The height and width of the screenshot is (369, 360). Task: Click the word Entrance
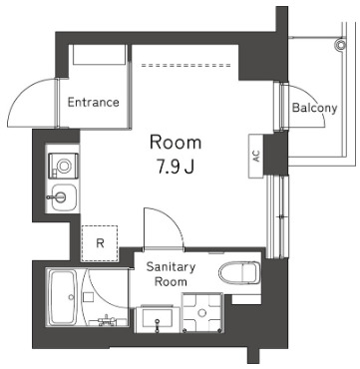tap(94, 102)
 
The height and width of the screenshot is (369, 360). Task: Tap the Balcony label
tap(315, 109)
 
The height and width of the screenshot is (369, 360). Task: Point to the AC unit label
tap(255, 157)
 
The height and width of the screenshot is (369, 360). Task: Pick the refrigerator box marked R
tap(101, 241)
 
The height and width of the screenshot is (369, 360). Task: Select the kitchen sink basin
tap(64, 194)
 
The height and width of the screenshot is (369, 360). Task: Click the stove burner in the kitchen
tap(65, 162)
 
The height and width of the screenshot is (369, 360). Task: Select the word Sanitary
tap(171, 267)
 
